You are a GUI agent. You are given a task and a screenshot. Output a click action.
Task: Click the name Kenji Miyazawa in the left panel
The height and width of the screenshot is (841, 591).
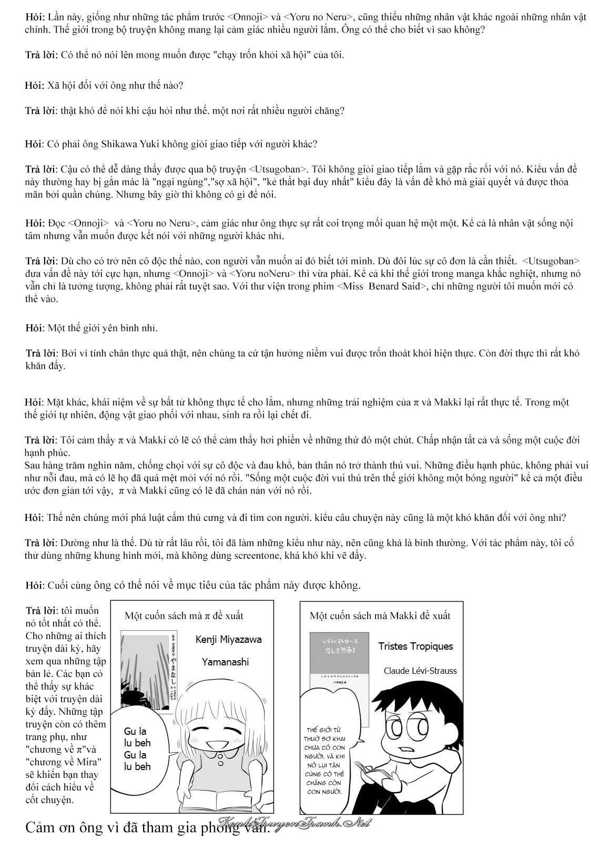228,640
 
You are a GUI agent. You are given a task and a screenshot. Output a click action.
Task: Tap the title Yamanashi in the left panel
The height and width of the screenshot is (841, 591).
225,662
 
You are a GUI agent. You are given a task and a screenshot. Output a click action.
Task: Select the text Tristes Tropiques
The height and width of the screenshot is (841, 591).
415,647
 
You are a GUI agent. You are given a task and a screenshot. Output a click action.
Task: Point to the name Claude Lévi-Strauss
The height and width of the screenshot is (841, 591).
420,670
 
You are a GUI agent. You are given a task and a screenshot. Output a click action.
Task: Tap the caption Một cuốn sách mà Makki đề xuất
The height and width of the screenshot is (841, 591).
380,616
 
